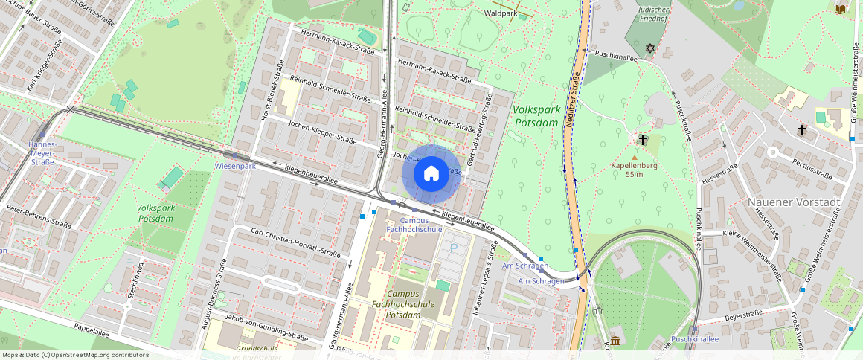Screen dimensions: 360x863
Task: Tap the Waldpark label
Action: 499,13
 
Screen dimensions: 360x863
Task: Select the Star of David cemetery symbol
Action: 649,48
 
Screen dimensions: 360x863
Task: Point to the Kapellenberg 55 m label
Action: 634,170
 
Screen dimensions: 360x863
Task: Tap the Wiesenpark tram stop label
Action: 235,166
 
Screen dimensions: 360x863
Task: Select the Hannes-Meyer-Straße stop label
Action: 42,152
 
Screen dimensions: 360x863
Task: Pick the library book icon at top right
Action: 839,9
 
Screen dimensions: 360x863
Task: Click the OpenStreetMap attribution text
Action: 74,355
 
